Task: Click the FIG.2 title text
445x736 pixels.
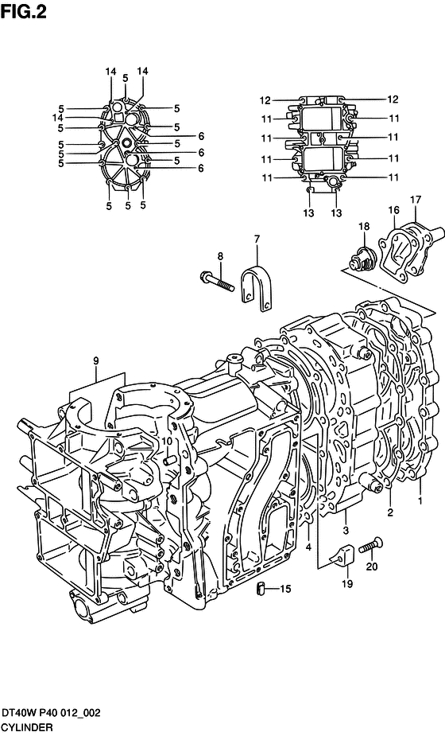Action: coord(24,11)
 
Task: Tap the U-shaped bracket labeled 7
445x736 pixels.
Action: coord(256,288)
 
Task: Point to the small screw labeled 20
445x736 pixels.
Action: coord(371,547)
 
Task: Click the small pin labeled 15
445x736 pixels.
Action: coord(261,588)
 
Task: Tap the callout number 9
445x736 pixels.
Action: coord(95,361)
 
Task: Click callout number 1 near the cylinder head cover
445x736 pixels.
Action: coord(420,500)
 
